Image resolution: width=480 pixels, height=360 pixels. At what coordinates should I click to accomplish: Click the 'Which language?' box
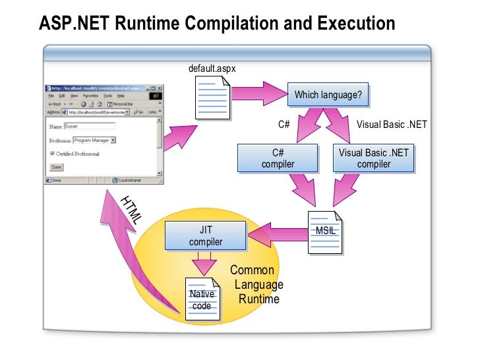click(328, 95)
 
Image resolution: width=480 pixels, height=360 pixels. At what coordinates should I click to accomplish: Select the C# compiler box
click(278, 158)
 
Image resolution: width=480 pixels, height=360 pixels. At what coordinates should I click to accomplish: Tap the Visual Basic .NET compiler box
click(373, 158)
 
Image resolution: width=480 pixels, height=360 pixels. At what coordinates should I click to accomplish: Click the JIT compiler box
click(205, 236)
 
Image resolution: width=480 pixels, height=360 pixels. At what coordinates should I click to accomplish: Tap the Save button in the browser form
click(57, 167)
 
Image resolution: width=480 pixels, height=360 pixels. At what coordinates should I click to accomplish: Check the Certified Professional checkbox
click(53, 154)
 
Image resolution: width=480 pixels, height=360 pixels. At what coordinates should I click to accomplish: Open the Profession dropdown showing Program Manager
click(94, 140)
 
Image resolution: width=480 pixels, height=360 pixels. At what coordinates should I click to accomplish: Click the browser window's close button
click(159, 88)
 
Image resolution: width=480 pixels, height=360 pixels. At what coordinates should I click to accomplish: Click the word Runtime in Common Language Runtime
click(258, 299)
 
